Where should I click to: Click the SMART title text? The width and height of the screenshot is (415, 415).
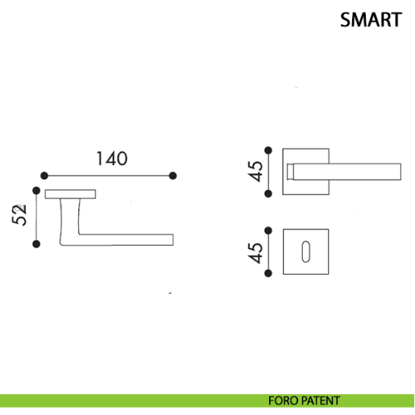point(371,20)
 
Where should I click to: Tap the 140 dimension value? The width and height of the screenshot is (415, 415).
point(112,159)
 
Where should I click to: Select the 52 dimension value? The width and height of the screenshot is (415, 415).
point(20,215)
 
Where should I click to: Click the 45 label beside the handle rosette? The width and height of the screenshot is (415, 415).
point(255,171)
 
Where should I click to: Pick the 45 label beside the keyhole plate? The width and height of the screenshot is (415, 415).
point(255,253)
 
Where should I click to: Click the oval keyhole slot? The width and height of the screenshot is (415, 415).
point(305,251)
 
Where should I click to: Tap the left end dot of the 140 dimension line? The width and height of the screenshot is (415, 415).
point(44,176)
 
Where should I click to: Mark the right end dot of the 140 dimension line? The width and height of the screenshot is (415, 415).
point(173,176)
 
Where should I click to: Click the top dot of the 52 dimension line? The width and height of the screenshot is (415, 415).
point(37,190)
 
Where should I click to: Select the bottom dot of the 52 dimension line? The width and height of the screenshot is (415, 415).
point(37,244)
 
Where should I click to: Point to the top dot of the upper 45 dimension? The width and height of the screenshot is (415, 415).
point(268,150)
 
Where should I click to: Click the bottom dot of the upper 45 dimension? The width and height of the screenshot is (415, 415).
point(268,193)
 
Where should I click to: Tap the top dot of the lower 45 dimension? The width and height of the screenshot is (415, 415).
point(268,231)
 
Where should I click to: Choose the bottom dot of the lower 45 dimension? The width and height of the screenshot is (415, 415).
point(268,273)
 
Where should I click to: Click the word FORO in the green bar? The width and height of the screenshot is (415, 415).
point(283,401)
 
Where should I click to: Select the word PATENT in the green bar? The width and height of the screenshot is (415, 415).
point(320,401)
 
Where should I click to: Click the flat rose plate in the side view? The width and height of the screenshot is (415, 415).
point(71,194)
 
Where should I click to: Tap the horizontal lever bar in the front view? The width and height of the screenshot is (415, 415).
point(347,172)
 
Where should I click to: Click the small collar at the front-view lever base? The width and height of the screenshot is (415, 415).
point(290,172)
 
